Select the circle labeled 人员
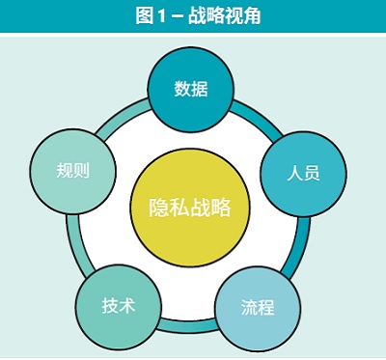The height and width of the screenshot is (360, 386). tap(303, 174)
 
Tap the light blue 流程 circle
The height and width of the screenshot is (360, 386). tap(258, 309)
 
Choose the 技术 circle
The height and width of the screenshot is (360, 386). tap(118, 305)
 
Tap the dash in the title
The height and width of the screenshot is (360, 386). tap(174, 14)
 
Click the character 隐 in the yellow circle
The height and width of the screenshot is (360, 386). tap(157, 208)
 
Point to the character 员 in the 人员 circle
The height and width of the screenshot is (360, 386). tap(312, 175)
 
